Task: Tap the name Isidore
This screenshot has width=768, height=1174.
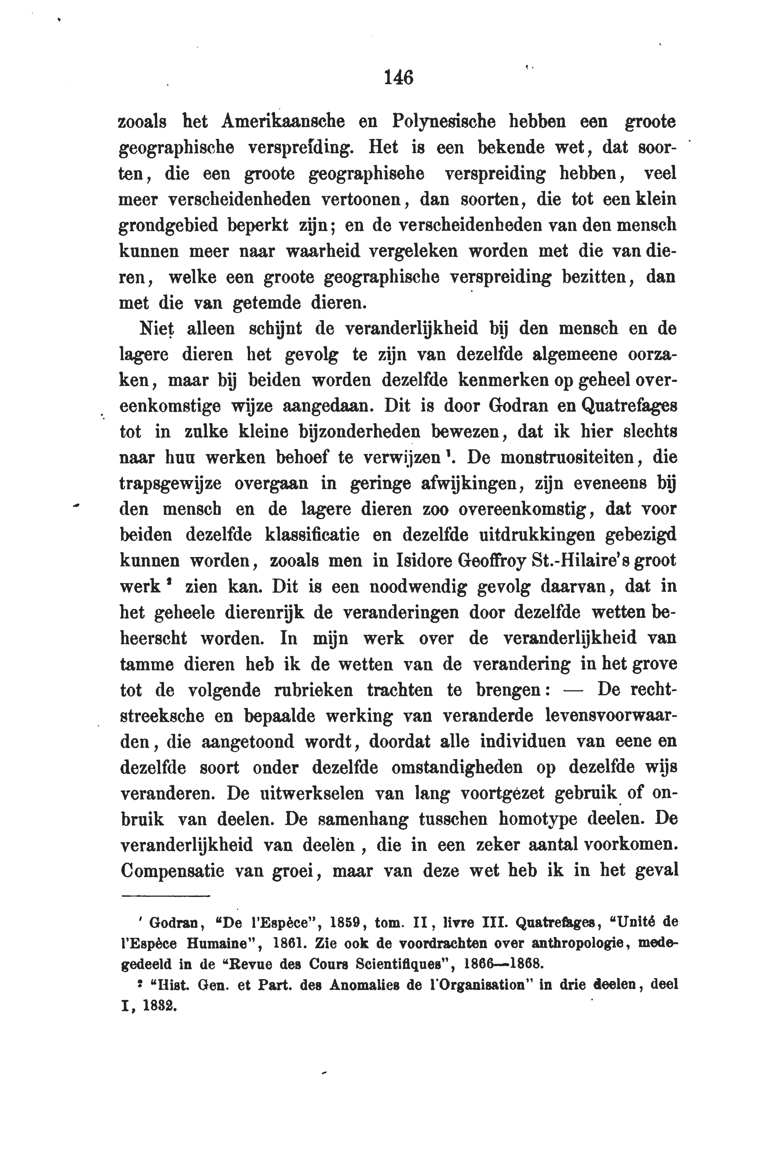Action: point(426,561)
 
